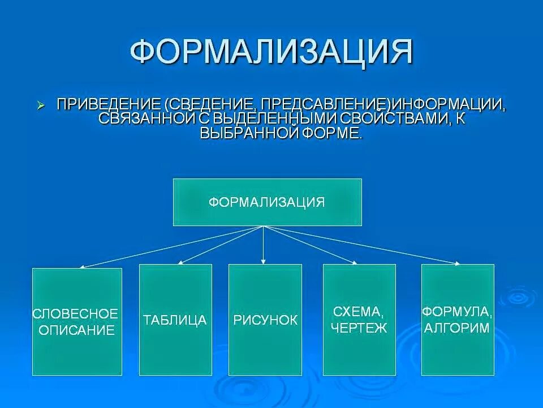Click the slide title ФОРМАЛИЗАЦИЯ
[271, 52]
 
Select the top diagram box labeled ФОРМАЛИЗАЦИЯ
[267, 202]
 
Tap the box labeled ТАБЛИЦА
[175, 320]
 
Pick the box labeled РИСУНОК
[265, 320]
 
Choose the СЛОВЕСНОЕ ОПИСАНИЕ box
[77, 321]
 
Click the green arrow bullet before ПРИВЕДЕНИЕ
[41, 105]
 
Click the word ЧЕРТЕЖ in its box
[360, 328]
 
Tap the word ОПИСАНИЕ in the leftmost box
[76, 330]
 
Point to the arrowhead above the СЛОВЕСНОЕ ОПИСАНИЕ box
[83, 266]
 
